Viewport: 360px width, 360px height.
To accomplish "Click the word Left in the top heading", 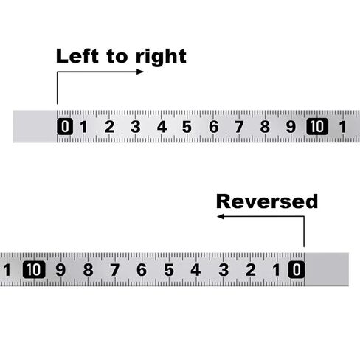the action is click(x=77, y=56).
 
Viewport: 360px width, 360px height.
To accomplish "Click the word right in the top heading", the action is click(x=161, y=58).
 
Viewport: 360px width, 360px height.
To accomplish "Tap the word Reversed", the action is click(x=267, y=201).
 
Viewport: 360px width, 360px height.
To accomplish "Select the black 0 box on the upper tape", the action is click(x=65, y=126).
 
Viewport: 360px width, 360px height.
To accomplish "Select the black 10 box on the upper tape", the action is click(x=317, y=126).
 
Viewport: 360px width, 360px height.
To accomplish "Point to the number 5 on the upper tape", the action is click(x=187, y=127).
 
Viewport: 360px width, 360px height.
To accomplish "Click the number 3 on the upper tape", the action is click(x=136, y=127).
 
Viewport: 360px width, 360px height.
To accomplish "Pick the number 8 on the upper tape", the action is click(x=265, y=127).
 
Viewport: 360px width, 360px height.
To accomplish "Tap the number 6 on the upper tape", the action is click(x=214, y=127).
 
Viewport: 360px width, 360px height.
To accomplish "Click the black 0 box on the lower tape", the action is click(x=297, y=270).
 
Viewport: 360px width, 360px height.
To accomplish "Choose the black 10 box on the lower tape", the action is click(x=34, y=270).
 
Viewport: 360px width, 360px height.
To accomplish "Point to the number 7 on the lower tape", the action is click(x=114, y=270).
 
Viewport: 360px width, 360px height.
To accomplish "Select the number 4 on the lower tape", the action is click(x=195, y=270).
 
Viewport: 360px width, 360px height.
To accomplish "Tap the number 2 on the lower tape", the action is click(x=251, y=270).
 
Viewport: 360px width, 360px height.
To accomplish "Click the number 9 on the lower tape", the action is click(x=60, y=270).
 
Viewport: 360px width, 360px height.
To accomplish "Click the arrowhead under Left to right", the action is click(x=140, y=72).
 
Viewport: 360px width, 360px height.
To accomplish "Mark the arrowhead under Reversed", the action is click(x=221, y=216).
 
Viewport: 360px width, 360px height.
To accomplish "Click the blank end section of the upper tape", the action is click(x=35, y=126).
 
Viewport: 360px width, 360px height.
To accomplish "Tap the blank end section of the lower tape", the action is click(x=327, y=269).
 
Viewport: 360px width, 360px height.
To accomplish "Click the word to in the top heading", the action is click(x=117, y=57).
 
